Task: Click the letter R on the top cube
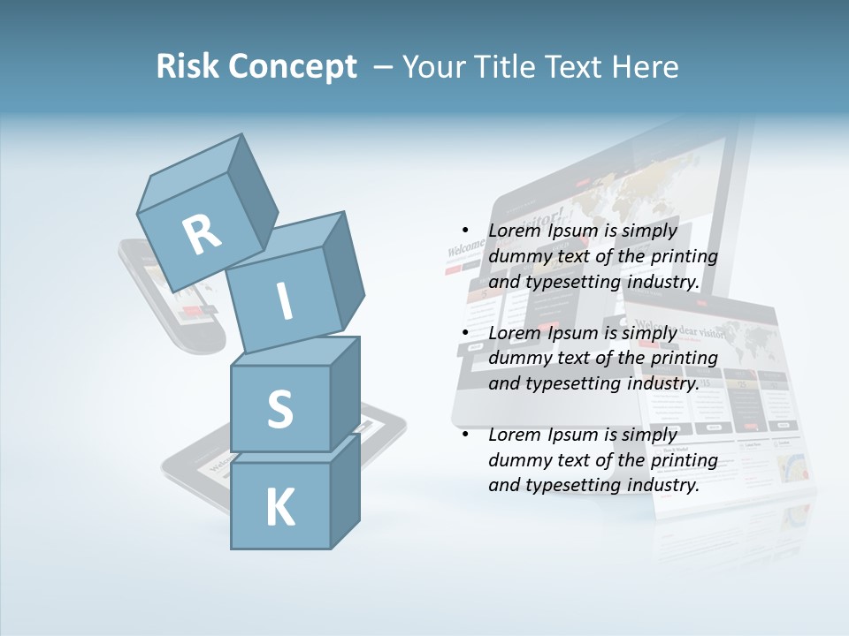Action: [202, 234]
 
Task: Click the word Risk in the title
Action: [187, 67]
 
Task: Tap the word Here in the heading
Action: [646, 67]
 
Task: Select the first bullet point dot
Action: [464, 230]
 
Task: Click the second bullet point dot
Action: [464, 332]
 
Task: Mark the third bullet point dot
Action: [464, 434]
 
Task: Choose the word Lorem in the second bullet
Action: [514, 332]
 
